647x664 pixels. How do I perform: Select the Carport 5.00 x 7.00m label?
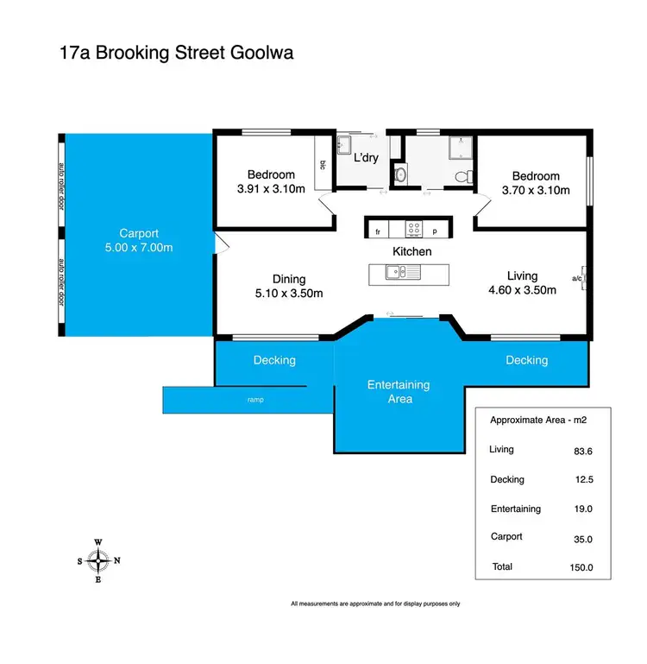pyautogui.click(x=139, y=241)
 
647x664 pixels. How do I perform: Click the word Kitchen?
pyautogui.click(x=411, y=251)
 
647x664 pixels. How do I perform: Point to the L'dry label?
pyautogui.click(x=367, y=158)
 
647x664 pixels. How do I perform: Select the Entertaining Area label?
pyautogui.click(x=398, y=391)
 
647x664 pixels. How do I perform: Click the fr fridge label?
pyautogui.click(x=377, y=231)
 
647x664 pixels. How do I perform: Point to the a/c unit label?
pyautogui.click(x=576, y=278)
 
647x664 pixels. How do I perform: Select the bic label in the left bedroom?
pyautogui.click(x=323, y=164)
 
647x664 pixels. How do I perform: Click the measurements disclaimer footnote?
pyautogui.click(x=375, y=604)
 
